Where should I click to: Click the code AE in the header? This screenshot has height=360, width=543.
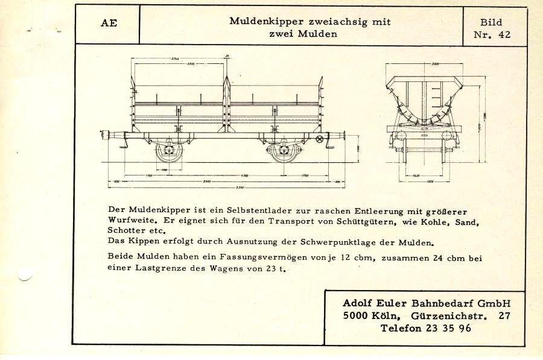coord(109,24)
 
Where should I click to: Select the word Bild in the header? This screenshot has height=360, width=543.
coord(491,22)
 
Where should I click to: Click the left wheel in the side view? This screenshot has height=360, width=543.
coord(168,150)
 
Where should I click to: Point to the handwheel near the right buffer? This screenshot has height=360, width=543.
coord(319,139)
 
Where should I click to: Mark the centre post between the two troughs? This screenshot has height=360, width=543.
coord(226,106)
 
